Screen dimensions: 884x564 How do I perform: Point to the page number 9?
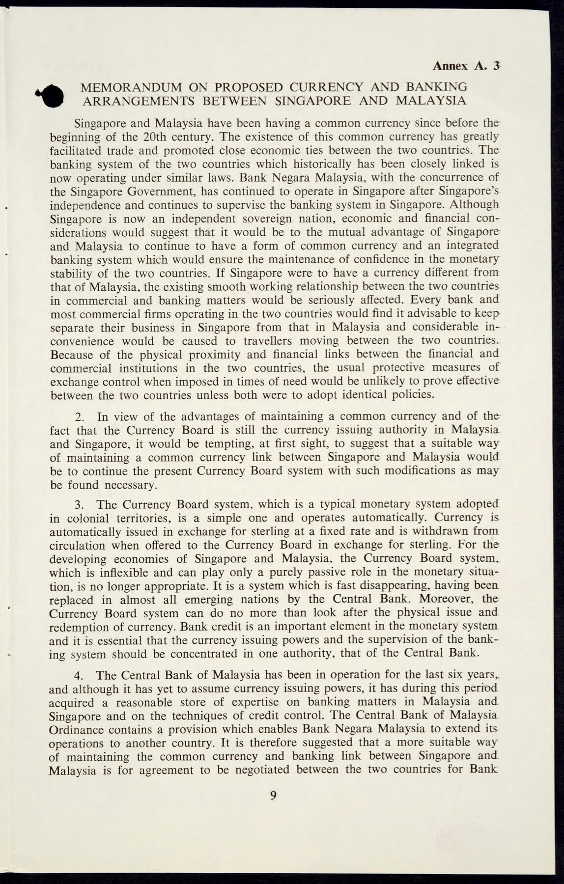pos(274,795)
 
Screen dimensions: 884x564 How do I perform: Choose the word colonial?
pos(74,518)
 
